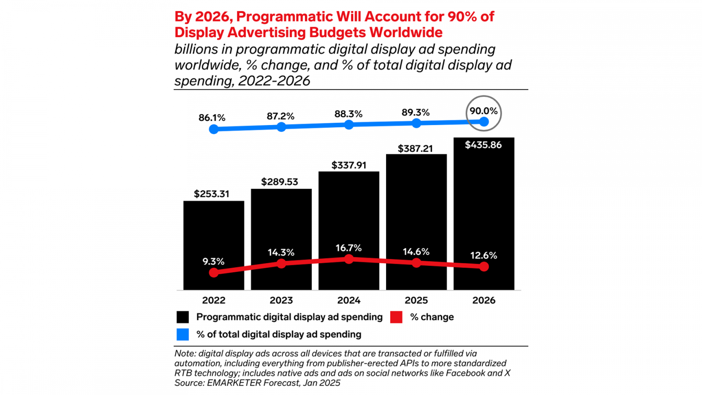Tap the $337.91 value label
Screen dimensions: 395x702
tap(349, 165)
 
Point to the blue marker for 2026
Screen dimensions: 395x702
tap(484, 122)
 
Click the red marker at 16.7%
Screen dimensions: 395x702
tap(349, 259)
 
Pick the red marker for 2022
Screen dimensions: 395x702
tap(214, 273)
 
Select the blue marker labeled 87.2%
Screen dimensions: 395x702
tap(281, 127)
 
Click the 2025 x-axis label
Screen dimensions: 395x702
tap(416, 300)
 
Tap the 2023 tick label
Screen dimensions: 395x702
tap(281, 300)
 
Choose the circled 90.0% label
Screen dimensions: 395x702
tap(484, 111)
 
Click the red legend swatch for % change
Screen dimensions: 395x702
tap(396, 317)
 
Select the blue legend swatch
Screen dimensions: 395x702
tap(183, 334)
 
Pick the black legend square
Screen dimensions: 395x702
tap(183, 317)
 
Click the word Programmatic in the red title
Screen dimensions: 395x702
tap(286, 17)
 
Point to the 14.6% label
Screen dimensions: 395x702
tap(416, 252)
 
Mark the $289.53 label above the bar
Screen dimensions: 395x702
tap(279, 182)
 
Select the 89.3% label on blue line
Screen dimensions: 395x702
tap(415, 113)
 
